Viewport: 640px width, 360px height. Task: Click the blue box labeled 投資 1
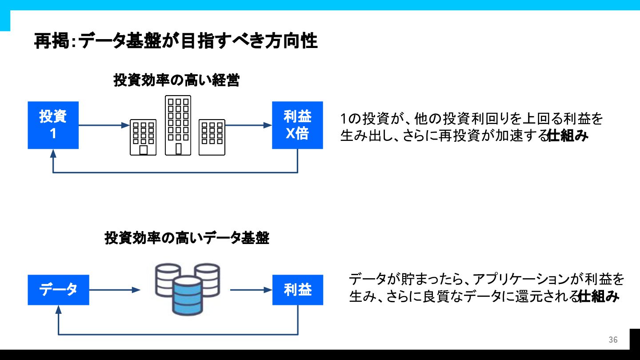pos(53,125)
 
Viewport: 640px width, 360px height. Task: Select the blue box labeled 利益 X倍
pos(297,125)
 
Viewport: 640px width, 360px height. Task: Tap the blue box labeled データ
pos(58,290)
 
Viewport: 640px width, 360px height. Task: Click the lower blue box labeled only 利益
pos(298,290)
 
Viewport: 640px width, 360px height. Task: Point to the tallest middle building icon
pos(178,125)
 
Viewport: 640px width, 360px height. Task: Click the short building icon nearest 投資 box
pos(143,137)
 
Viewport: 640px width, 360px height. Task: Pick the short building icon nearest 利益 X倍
pos(212,137)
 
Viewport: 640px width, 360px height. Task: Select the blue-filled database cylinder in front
pos(188,296)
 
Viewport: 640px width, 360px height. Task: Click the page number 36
pos(613,340)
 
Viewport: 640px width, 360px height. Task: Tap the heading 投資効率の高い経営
pos(176,80)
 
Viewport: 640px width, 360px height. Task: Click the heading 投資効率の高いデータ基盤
pos(187,238)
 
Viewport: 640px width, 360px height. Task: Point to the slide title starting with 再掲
pos(176,41)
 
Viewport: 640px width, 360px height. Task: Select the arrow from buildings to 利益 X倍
pos(248,125)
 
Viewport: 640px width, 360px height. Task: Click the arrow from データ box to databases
pos(115,290)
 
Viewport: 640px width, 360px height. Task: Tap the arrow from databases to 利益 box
pos(251,290)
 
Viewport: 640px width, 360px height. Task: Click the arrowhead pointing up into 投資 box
pos(53,153)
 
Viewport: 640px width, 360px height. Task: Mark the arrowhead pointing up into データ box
pos(58,309)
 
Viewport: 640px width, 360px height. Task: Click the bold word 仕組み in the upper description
pos(568,136)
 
